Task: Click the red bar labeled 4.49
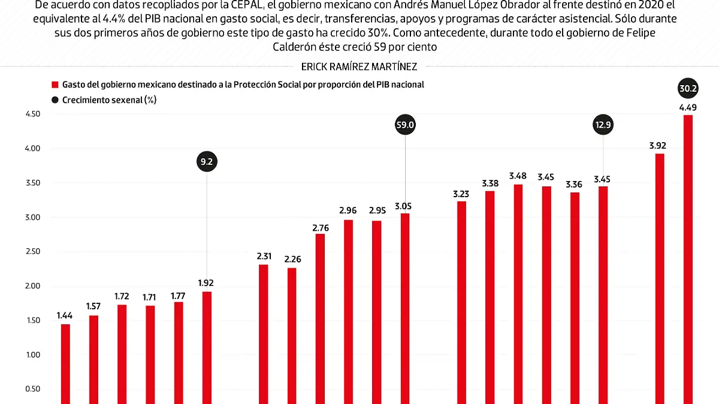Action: click(x=688, y=258)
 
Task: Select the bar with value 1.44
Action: click(x=65, y=363)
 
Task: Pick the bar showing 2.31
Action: click(x=264, y=333)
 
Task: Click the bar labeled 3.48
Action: click(x=518, y=294)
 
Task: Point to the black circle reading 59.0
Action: click(x=405, y=125)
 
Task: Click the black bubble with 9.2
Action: click(x=207, y=161)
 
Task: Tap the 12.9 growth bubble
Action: click(x=603, y=125)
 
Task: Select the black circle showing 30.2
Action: click(x=688, y=89)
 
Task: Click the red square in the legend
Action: click(x=55, y=85)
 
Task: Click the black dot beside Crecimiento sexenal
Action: click(x=55, y=100)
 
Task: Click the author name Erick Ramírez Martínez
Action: click(x=359, y=67)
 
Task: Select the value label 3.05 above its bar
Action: click(x=405, y=206)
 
